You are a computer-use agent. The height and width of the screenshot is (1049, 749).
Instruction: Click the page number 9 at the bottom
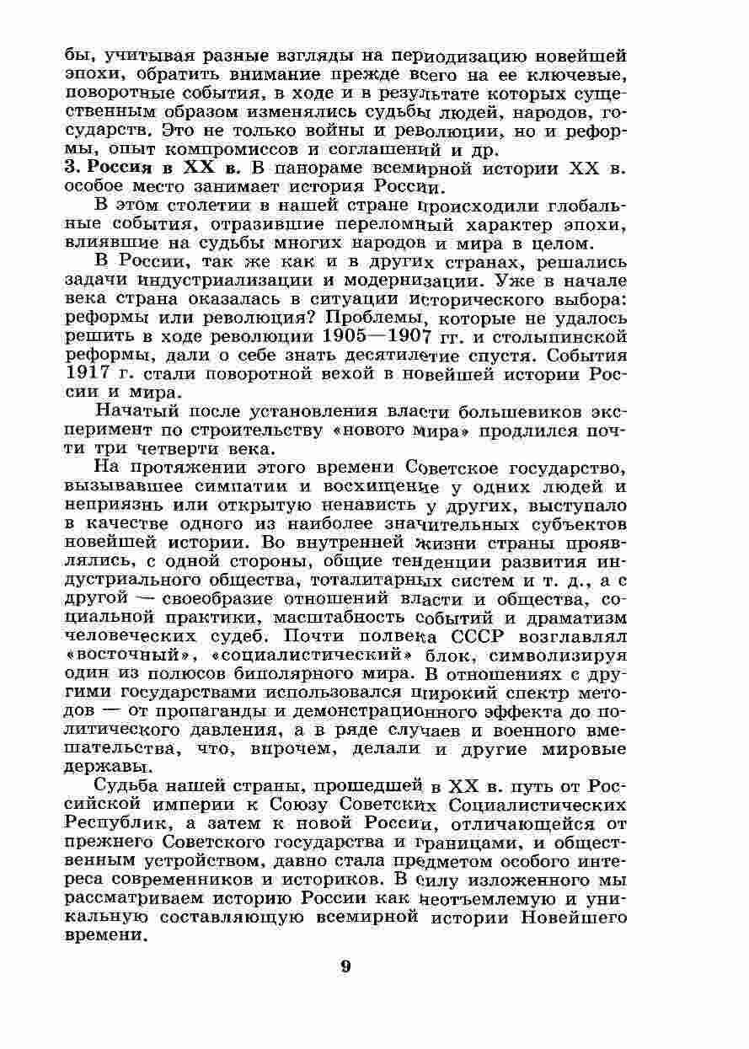click(345, 966)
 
